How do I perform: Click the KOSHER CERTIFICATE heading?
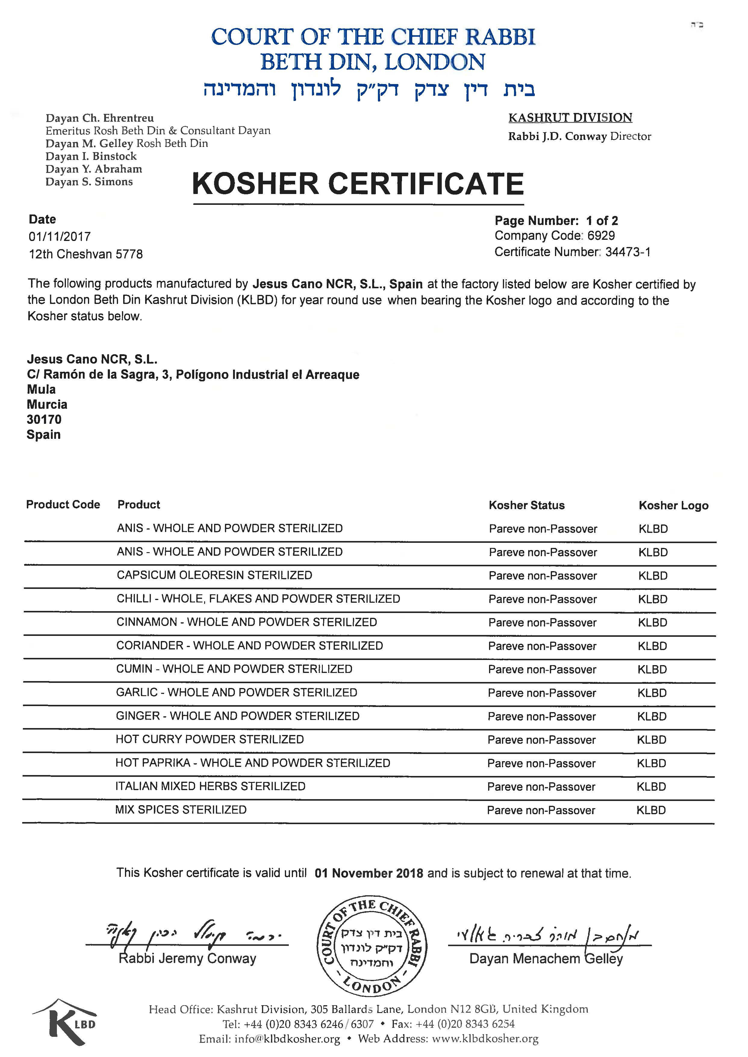tap(358, 183)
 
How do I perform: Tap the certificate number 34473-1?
tap(627, 252)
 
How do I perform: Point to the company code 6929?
tap(601, 236)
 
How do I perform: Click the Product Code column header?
tap(63, 505)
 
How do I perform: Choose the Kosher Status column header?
tap(526, 505)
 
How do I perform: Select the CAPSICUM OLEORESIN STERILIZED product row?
tap(214, 576)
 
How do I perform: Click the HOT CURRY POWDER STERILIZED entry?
tap(210, 740)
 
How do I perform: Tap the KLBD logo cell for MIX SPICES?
tap(651, 811)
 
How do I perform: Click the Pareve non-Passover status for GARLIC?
tap(542, 693)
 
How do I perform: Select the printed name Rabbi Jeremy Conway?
tap(188, 959)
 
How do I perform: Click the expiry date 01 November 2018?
tap(369, 874)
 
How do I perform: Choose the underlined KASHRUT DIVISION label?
tap(570, 118)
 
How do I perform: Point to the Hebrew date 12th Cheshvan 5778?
tap(86, 254)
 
